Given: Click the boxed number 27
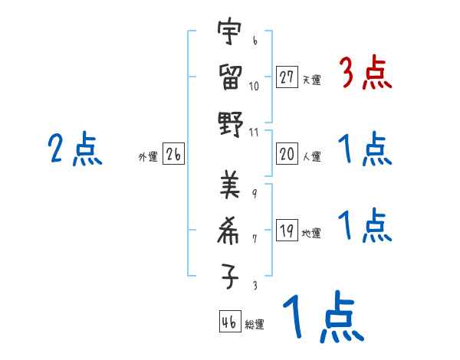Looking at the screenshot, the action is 287,77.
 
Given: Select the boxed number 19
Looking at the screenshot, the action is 287,231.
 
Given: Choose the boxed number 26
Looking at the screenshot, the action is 173,155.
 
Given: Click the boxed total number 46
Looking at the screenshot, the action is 228,322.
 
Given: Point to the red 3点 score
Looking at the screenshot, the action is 365,74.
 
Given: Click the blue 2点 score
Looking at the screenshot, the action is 76,149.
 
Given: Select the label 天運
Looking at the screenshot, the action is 311,80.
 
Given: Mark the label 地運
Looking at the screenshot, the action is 311,234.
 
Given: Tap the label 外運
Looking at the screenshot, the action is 148,157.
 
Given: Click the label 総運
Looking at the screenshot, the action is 255,325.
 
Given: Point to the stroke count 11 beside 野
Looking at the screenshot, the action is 255,131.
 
